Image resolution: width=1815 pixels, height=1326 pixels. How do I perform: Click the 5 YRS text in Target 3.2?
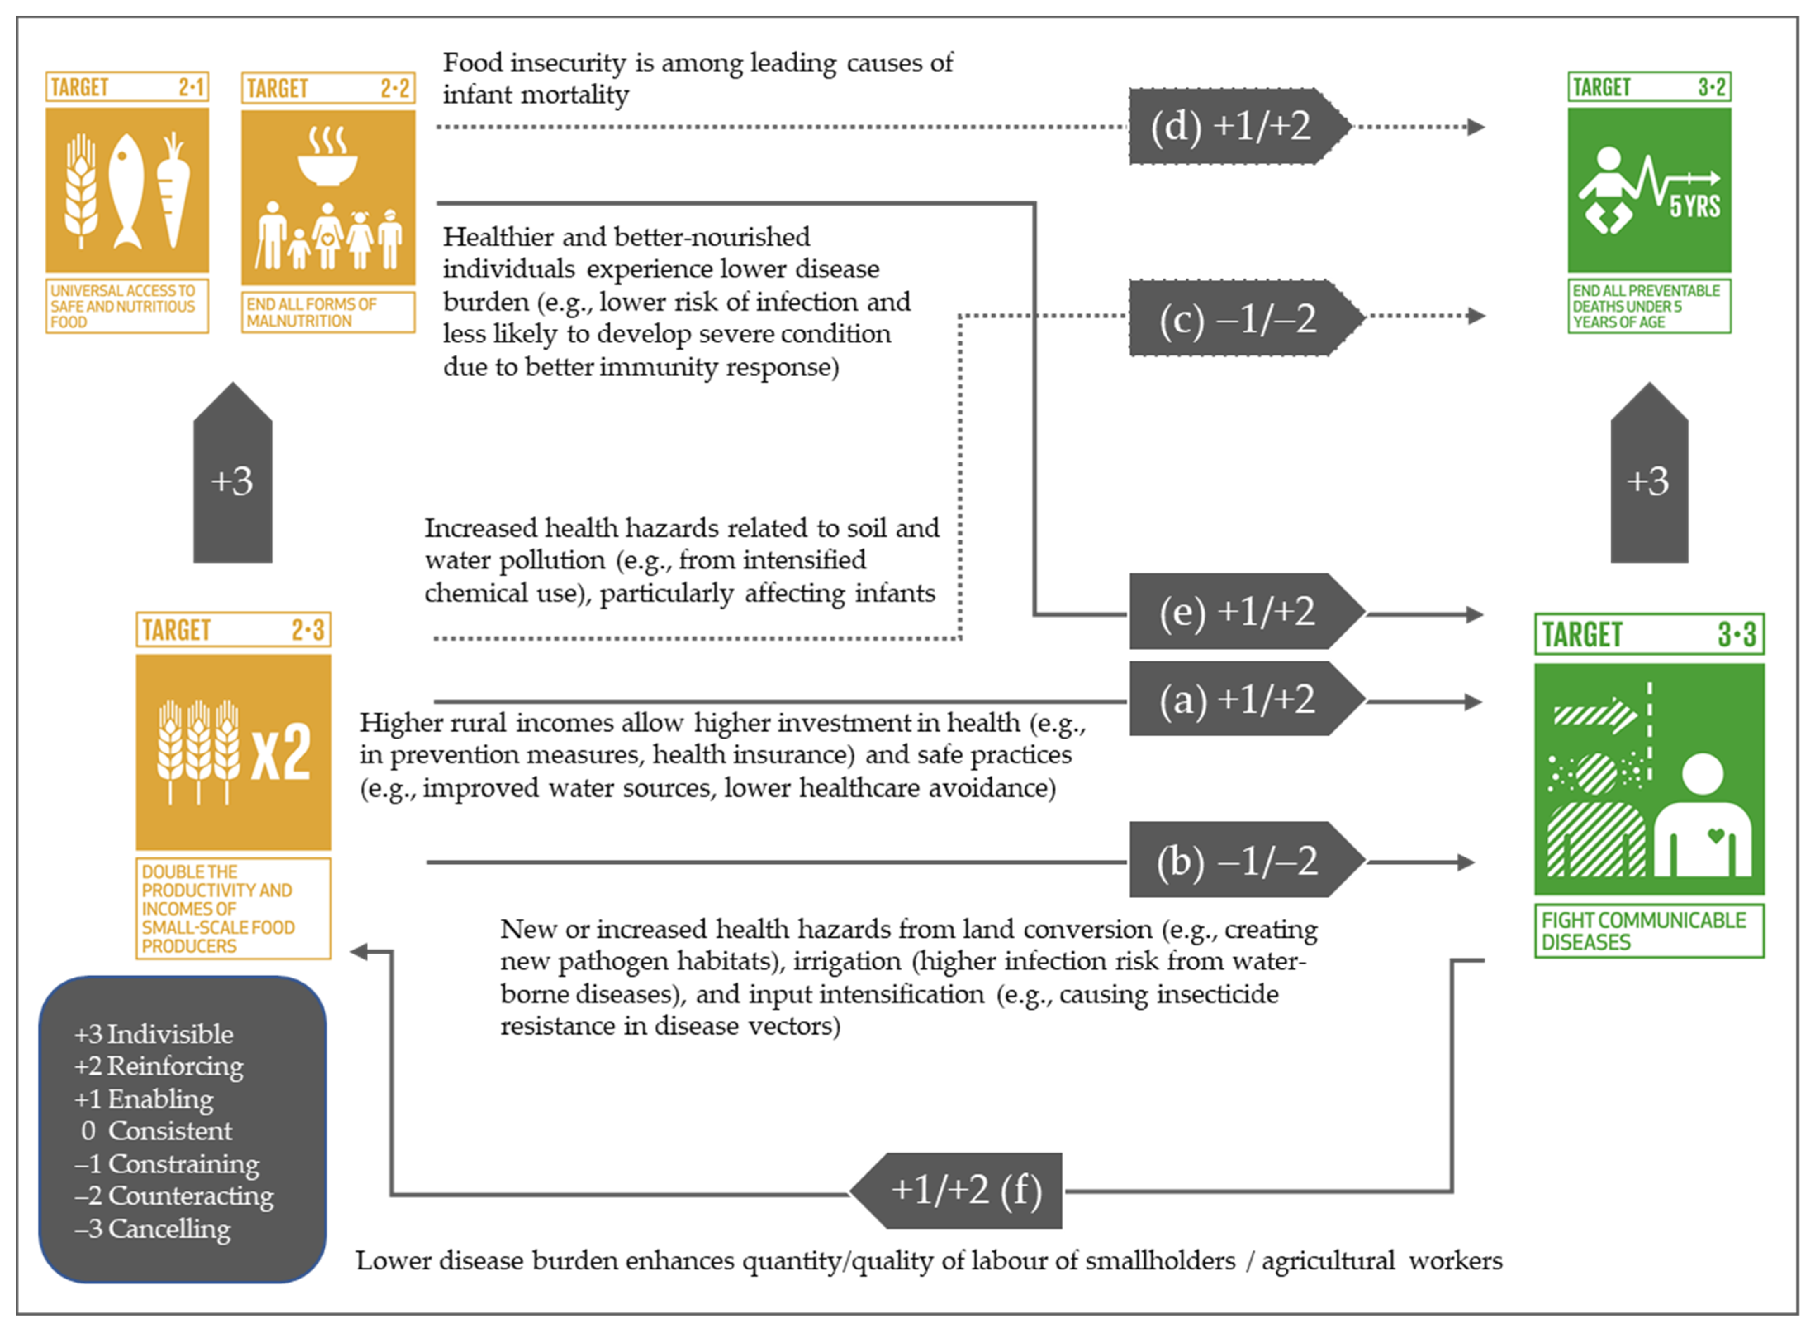[1694, 206]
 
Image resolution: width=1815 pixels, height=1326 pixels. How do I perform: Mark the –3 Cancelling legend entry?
[152, 1228]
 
